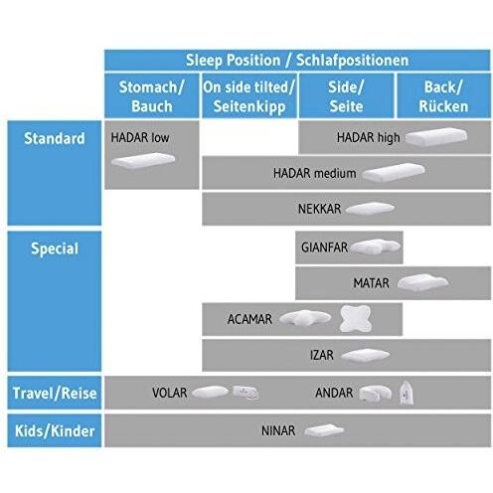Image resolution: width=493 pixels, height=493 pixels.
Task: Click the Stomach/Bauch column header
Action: [152, 96]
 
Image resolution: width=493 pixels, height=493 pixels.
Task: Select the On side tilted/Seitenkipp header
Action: [248, 96]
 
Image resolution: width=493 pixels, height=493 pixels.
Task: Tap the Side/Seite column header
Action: [346, 96]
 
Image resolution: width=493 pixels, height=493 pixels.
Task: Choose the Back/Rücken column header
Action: [443, 96]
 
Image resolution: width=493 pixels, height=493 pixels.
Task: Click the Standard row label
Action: [55, 138]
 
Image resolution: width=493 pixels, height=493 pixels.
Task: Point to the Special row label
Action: [55, 248]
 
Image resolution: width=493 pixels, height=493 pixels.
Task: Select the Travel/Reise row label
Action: [55, 393]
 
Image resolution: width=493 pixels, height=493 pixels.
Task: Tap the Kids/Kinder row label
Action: [55, 430]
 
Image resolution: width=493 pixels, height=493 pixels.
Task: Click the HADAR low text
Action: [140, 137]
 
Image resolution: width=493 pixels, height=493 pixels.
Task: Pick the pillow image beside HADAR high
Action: [436, 137]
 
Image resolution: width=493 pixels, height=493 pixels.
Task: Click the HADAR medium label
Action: [315, 173]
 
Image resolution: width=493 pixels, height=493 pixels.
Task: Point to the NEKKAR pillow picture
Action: [371, 209]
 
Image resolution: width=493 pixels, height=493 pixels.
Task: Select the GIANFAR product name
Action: [324, 247]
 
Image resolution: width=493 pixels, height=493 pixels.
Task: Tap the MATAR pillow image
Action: [422, 282]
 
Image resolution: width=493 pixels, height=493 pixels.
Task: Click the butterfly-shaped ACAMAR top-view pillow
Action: [356, 318]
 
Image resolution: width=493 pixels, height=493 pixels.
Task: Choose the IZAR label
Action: [322, 355]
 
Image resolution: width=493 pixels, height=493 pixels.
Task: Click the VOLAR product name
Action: [170, 393]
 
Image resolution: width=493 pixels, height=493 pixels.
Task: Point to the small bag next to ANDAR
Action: [407, 393]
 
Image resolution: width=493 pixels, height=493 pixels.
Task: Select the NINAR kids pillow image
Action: [324, 430]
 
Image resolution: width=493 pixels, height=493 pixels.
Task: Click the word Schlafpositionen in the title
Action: [352, 61]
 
